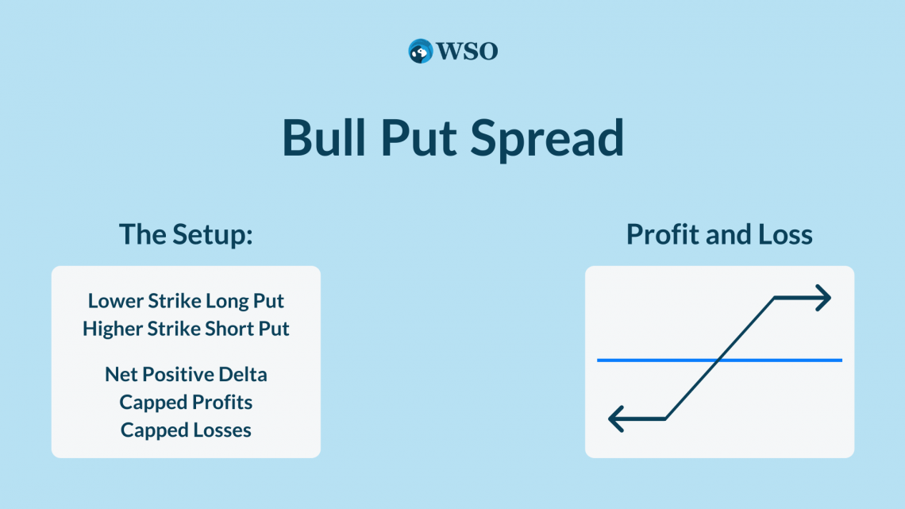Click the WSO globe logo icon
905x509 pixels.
(x=420, y=52)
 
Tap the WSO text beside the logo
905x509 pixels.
(x=467, y=52)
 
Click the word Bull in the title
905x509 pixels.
(x=324, y=137)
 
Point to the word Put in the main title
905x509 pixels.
(x=418, y=137)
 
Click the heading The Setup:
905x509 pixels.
(x=186, y=234)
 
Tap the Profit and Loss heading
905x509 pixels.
(x=719, y=234)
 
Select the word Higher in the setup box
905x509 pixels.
(x=112, y=329)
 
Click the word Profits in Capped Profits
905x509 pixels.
(x=221, y=403)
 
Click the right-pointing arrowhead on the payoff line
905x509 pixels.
(x=823, y=298)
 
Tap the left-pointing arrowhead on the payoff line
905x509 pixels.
(x=616, y=419)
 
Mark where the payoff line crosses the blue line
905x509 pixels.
(x=718, y=360)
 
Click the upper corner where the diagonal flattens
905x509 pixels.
(x=774, y=298)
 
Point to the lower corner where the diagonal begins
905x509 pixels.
(x=665, y=419)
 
